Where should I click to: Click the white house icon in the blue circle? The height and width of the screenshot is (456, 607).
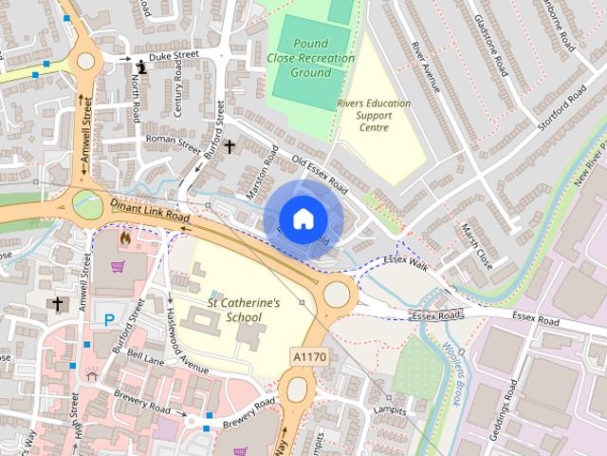click(302, 218)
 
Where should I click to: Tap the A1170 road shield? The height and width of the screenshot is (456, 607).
click(310, 354)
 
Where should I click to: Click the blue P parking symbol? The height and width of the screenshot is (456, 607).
click(110, 320)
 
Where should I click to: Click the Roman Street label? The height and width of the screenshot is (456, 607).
click(174, 143)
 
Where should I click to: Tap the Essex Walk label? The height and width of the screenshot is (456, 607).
click(406, 263)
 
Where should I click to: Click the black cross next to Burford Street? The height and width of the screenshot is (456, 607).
click(230, 147)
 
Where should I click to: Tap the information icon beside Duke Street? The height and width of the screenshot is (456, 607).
click(141, 66)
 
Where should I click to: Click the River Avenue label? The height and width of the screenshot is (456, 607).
click(428, 66)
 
